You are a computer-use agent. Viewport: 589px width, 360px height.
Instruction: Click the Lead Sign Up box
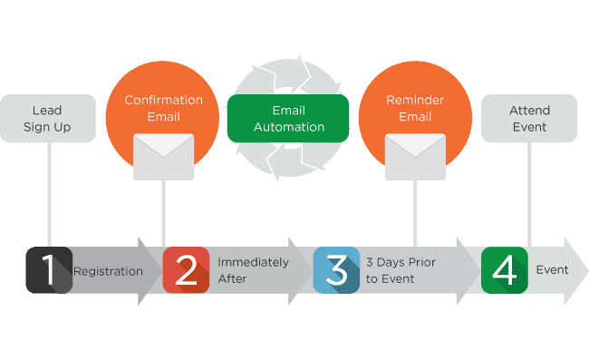pos(47,118)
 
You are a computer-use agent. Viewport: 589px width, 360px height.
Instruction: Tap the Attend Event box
pos(529,118)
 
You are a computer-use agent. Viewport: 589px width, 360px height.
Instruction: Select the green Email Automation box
pos(288,118)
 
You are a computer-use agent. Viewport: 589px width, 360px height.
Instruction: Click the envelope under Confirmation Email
pos(164,156)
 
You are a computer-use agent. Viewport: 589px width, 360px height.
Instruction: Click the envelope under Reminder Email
pos(415,156)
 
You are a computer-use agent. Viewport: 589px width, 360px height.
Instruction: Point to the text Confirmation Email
pos(164,107)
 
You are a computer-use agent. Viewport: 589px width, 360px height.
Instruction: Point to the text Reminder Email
pos(415,107)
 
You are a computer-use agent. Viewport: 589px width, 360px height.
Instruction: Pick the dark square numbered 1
pos(49,270)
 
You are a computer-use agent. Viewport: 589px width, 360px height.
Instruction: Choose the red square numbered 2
pos(186,270)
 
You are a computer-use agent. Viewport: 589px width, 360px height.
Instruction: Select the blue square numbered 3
pos(336,270)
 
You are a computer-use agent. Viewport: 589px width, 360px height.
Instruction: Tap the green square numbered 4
pos(504,270)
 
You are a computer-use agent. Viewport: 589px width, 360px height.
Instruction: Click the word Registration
pos(108,270)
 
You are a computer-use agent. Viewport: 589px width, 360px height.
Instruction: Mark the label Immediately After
pos(253,270)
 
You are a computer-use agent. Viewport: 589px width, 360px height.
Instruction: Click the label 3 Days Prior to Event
pos(401,270)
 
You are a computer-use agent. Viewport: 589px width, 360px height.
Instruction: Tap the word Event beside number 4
pos(552,269)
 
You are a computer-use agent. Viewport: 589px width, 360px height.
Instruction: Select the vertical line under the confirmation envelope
pos(164,213)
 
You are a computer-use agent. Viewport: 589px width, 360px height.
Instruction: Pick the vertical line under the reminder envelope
pos(415,213)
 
